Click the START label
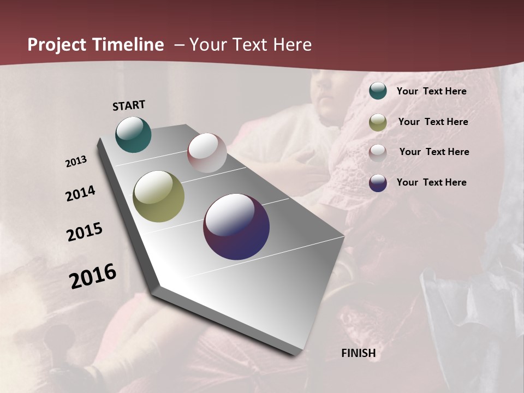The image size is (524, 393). click(x=129, y=105)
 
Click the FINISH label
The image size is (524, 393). click(x=358, y=353)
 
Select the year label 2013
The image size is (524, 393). click(x=76, y=162)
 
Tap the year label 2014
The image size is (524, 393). click(x=80, y=194)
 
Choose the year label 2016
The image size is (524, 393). click(x=93, y=276)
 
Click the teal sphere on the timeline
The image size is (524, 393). click(x=133, y=134)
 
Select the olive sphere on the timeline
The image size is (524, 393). click(x=158, y=196)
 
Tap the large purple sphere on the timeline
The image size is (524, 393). click(x=236, y=227)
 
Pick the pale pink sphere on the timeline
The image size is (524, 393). click(x=207, y=153)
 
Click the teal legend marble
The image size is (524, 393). click(x=378, y=91)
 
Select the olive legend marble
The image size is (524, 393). click(x=378, y=122)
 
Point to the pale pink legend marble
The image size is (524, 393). click(x=378, y=152)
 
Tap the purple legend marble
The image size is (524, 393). click(x=378, y=183)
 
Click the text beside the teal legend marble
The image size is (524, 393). click(x=431, y=91)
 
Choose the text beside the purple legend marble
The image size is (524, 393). click(x=431, y=182)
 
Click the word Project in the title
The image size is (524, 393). click(x=57, y=45)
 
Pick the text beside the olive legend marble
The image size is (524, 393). click(x=433, y=122)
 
